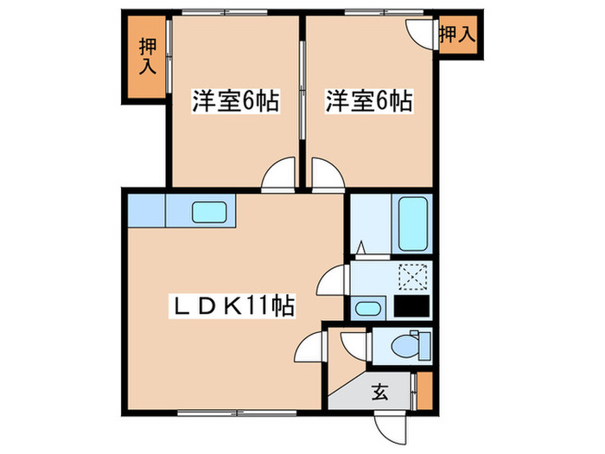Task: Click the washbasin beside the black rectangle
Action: [x=367, y=308]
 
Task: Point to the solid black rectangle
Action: [x=411, y=307]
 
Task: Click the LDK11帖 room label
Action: [x=232, y=305]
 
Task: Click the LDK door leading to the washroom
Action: [x=334, y=282]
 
